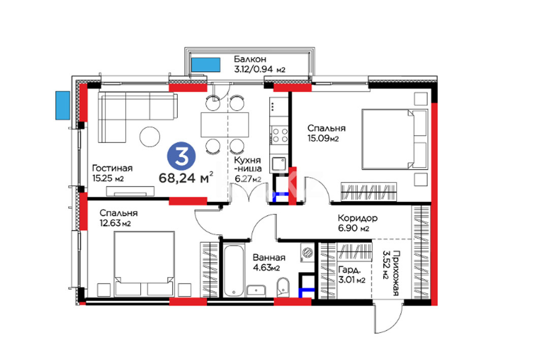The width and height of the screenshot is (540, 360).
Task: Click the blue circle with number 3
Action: [x=181, y=156]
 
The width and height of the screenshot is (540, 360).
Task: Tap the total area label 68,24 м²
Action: [x=186, y=178]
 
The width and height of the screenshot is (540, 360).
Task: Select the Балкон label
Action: [x=250, y=59]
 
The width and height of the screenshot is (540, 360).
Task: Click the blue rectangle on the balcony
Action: [x=206, y=64]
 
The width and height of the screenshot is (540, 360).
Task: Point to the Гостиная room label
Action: [x=112, y=168]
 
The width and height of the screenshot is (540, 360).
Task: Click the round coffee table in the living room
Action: [x=150, y=137]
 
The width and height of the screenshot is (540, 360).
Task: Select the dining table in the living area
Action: [x=225, y=124]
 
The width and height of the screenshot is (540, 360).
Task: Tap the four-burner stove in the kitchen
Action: [x=279, y=135]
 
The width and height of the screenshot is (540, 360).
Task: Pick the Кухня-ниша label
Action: [x=247, y=165]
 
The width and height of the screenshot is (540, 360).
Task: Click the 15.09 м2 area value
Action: [x=323, y=138]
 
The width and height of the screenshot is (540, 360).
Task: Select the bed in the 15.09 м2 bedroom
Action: [x=395, y=139]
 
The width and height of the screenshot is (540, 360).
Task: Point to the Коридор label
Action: [x=358, y=218]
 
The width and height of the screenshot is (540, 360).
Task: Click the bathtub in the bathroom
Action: [x=234, y=271]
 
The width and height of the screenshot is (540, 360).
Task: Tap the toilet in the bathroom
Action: [x=283, y=287]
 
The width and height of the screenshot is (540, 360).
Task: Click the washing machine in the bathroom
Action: [x=307, y=253]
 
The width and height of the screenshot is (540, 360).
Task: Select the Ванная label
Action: [x=269, y=257]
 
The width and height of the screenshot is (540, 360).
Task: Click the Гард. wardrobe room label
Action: [x=349, y=270]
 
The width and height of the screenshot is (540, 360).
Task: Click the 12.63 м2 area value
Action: [x=115, y=223]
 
